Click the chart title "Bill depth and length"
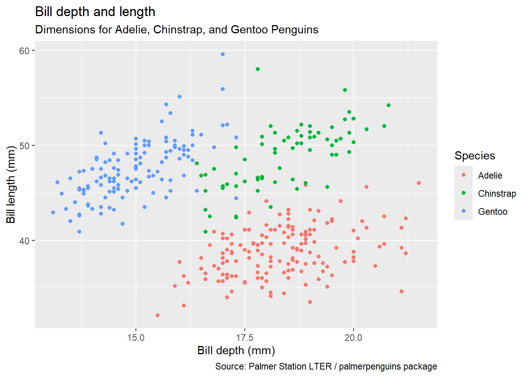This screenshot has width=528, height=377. [x=95, y=12]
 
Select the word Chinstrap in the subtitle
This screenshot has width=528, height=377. [x=179, y=30]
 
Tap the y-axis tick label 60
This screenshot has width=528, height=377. [x=24, y=51]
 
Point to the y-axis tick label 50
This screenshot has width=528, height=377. [x=24, y=146]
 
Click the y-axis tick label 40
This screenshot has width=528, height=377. [x=24, y=241]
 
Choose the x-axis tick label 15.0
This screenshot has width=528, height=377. [x=136, y=338]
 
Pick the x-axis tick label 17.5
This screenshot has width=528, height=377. [x=245, y=338]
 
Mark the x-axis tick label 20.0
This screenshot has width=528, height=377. [x=353, y=338]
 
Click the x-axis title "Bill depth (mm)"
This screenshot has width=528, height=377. [x=236, y=351]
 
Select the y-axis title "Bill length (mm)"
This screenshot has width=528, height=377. [x=11, y=185]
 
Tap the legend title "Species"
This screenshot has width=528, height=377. [x=475, y=156]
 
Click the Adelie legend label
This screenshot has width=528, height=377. [x=490, y=176]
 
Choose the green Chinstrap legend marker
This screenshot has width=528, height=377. [x=464, y=193]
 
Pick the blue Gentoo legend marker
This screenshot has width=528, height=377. [x=464, y=211]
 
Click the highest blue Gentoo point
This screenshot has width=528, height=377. [x=223, y=54]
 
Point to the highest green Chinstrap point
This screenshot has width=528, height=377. [x=258, y=69]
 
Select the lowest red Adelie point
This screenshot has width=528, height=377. [x=158, y=315]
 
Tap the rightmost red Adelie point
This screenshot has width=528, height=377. [x=419, y=183]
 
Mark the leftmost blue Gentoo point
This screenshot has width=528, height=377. [x=53, y=212]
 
